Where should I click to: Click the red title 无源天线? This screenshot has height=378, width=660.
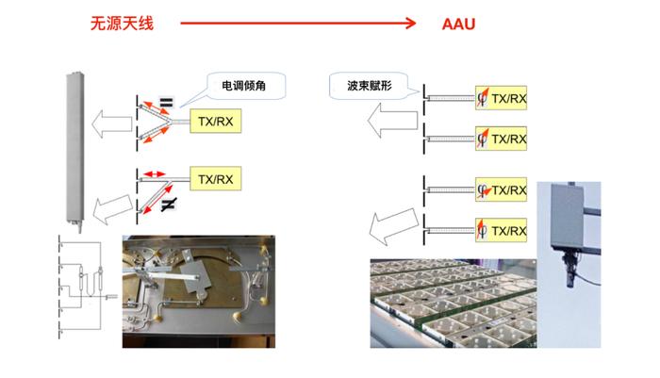(x=122, y=24)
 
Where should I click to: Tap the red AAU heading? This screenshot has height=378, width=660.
(x=458, y=24)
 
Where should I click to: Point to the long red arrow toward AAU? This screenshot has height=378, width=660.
(x=298, y=24)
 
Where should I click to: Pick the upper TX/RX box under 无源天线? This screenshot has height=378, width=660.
(x=216, y=122)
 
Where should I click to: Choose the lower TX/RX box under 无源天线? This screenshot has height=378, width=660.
(x=216, y=179)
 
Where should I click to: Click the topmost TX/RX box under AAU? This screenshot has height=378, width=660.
(x=501, y=98)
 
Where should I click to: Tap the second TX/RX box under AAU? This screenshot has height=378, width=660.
(x=501, y=139)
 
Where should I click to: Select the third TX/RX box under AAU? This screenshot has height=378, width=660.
(x=501, y=189)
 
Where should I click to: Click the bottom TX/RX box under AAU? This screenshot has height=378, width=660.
(x=501, y=230)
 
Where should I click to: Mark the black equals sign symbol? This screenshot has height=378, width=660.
(x=166, y=103)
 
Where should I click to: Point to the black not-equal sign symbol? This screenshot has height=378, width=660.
(x=169, y=205)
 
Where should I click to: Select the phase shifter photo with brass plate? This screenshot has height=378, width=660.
(x=199, y=291)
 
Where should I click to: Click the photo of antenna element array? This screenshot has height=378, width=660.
(x=454, y=304)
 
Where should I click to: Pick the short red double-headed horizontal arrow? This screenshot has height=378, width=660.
(x=154, y=173)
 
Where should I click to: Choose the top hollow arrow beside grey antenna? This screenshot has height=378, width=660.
(x=111, y=124)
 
